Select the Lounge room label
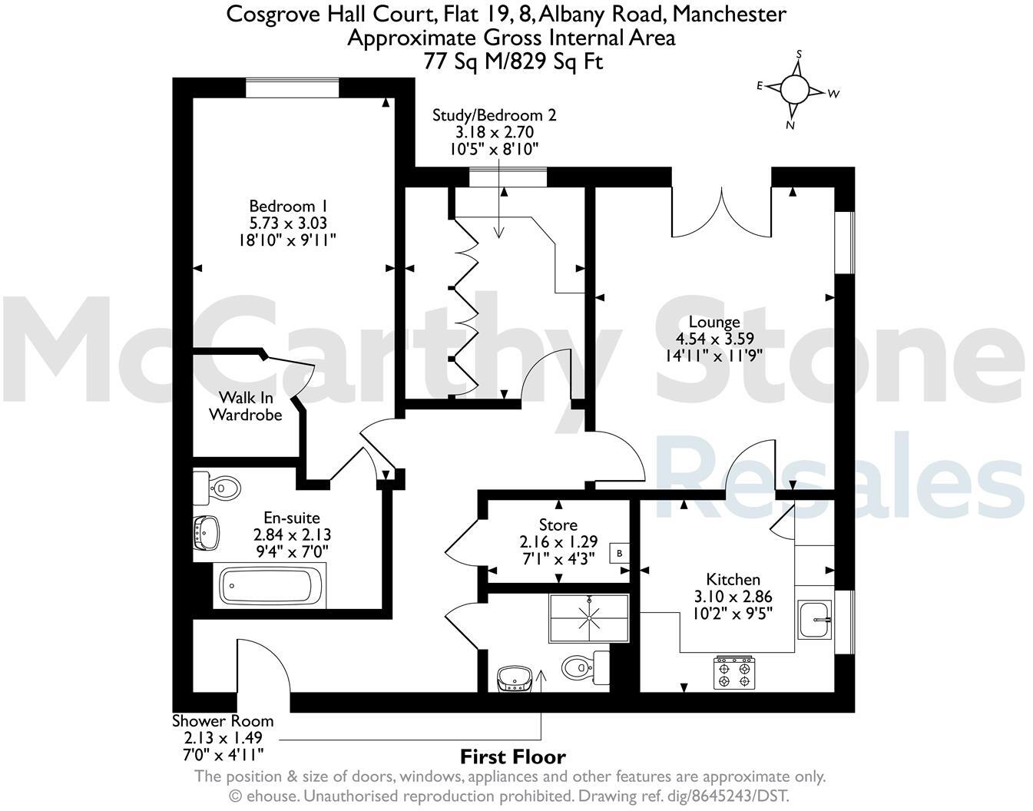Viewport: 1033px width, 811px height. pyautogui.click(x=714, y=338)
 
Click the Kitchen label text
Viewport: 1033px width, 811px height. pyautogui.click(x=733, y=595)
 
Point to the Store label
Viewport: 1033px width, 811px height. pyautogui.click(x=558, y=541)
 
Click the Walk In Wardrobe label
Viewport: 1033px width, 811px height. pyautogui.click(x=245, y=406)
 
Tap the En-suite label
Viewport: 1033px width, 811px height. pyautogui.click(x=292, y=533)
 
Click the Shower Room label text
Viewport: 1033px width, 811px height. pyautogui.click(x=222, y=737)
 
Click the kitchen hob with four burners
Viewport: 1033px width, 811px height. pyautogui.click(x=733, y=674)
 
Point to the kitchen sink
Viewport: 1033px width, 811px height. pyautogui.click(x=814, y=619)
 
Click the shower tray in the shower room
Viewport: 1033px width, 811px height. pyautogui.click(x=589, y=617)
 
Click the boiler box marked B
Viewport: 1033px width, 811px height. pyautogui.click(x=619, y=553)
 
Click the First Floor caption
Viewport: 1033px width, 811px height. pyautogui.click(x=512, y=756)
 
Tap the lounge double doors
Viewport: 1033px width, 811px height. pyautogui.click(x=721, y=211)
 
